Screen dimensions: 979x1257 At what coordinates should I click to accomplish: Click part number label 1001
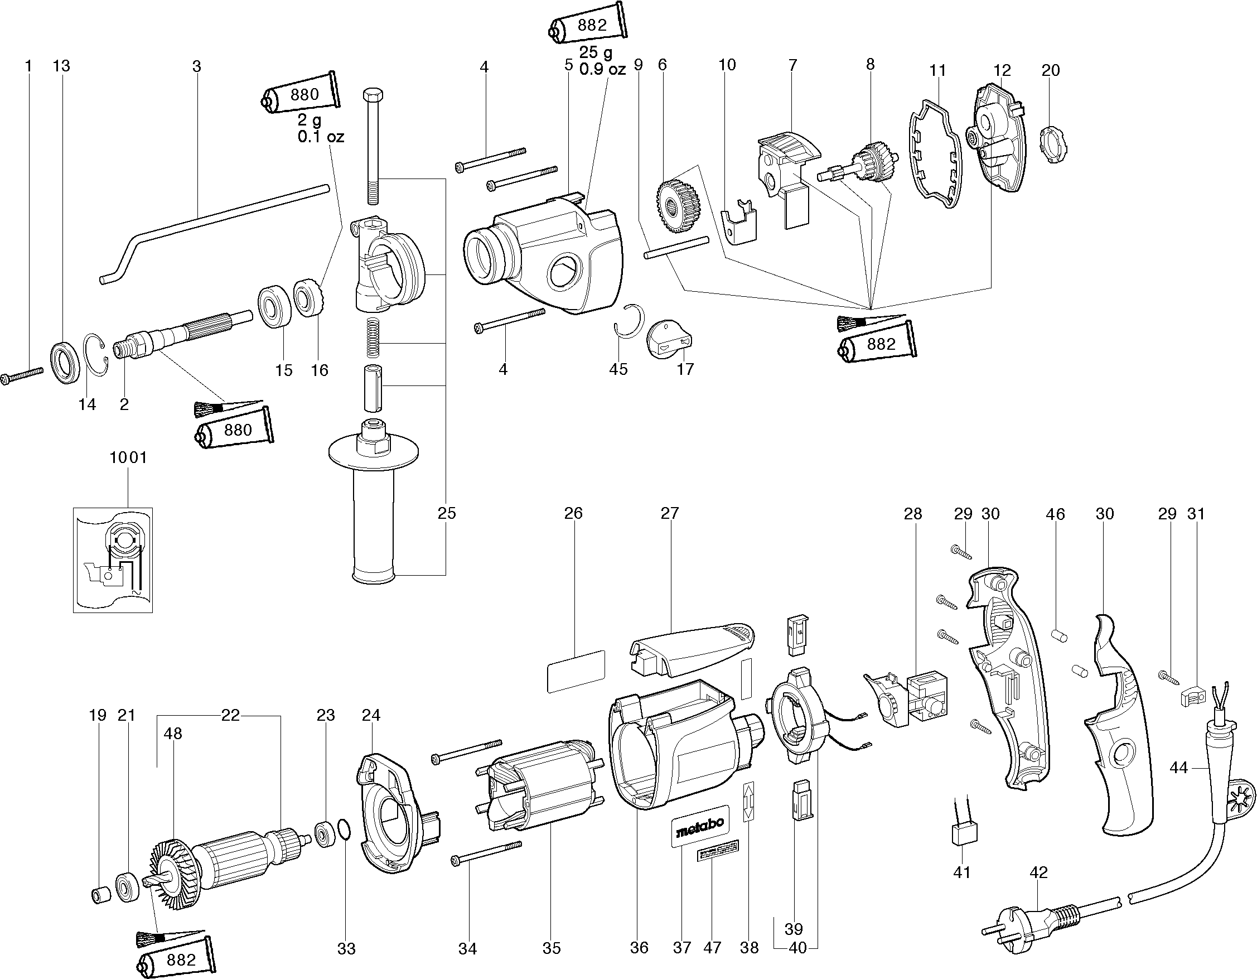[x=128, y=457]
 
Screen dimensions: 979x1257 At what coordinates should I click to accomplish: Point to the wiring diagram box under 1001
[x=113, y=560]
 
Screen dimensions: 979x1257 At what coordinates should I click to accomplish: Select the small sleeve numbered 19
[x=101, y=896]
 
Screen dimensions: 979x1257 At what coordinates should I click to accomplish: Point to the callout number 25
[x=447, y=513]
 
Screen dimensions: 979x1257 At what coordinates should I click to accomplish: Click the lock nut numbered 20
[x=1052, y=147]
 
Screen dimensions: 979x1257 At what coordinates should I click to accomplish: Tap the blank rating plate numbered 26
[x=576, y=671]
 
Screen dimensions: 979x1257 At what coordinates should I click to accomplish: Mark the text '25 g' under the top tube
[x=595, y=53]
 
